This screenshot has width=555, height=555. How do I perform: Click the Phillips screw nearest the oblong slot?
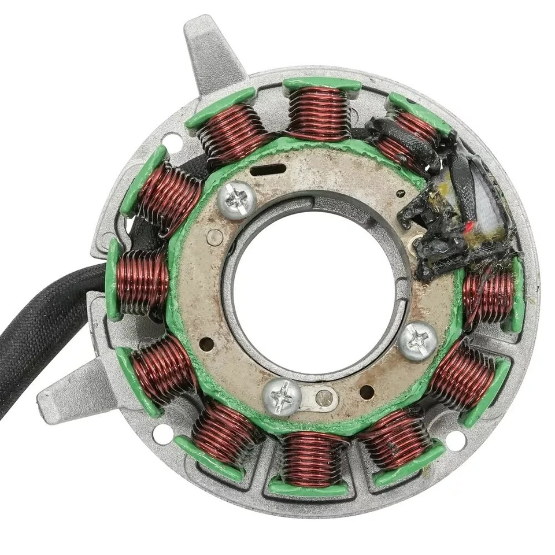coord(236,200)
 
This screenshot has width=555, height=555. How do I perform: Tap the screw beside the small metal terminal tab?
coord(282,398)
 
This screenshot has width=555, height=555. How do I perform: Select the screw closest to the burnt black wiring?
coord(418,341)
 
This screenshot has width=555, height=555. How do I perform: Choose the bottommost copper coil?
coord(313,459)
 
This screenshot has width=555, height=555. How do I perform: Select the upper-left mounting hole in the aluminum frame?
coord(172,141)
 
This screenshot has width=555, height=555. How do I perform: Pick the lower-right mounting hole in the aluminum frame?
coord(456,441)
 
